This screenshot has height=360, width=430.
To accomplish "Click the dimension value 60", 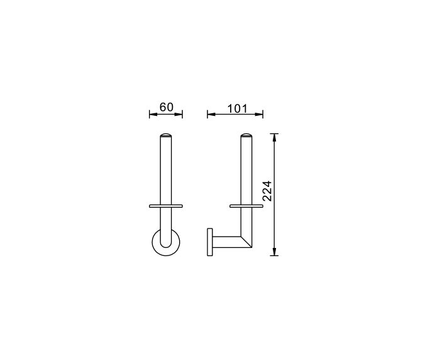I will [166, 107].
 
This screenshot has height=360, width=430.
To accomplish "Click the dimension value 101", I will [236, 108].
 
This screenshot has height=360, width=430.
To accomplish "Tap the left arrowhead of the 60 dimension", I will [152, 114].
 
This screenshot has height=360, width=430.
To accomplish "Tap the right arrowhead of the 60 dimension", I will [180, 114].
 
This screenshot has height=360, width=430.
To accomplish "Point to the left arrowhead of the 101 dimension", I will [210, 114].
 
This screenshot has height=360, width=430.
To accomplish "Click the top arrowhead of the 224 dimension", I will [275, 136].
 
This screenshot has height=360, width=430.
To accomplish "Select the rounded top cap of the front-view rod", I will [166, 135].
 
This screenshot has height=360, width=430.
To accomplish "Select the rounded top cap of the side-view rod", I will [246, 135].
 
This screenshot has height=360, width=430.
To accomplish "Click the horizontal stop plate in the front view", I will [166, 206].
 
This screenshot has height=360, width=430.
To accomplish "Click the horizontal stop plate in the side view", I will [246, 206].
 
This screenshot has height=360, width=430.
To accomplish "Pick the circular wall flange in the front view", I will [156, 244].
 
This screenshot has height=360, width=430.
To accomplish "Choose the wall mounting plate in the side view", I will [209, 242].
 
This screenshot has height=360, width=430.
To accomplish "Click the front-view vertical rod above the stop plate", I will [166, 170].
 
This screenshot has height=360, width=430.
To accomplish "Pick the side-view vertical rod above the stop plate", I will [246, 170].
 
